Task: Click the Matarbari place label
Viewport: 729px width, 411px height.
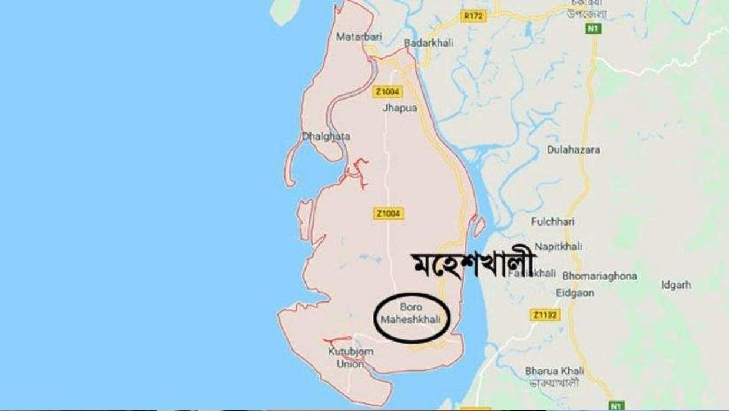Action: (x=359, y=37)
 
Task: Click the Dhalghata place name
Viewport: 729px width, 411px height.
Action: (x=326, y=137)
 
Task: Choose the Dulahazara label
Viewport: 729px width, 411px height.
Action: (x=574, y=150)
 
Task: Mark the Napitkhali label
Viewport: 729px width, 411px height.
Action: (x=558, y=247)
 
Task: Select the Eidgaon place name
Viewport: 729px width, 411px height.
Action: (x=575, y=293)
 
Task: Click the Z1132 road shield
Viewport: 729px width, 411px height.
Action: (x=545, y=315)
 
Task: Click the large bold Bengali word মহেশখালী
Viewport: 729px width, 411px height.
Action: (x=471, y=266)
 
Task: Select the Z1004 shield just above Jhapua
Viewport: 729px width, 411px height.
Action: (x=387, y=91)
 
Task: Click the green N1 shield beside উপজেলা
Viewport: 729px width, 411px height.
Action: (x=593, y=28)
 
